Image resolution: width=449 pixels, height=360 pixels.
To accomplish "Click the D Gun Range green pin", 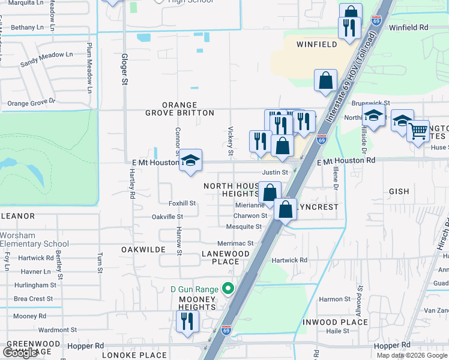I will [x=228, y=289].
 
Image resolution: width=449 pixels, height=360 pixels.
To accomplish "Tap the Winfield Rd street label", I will [x=408, y=28].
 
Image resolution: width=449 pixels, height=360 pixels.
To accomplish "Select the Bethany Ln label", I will [x=27, y=28].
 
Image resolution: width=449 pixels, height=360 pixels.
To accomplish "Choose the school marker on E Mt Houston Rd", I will [x=191, y=161].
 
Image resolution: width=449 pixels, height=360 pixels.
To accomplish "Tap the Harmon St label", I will [x=334, y=299].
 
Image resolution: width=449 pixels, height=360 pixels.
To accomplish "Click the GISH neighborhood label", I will [x=399, y=191].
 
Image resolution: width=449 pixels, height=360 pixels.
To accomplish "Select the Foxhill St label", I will [x=182, y=203].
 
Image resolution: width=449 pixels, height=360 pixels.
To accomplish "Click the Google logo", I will [x=20, y=353].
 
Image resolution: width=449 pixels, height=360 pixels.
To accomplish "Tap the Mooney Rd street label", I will [x=29, y=316].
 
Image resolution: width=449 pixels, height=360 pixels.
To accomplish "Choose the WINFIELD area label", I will [x=317, y=44].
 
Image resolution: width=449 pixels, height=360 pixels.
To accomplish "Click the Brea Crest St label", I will [x=33, y=299].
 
